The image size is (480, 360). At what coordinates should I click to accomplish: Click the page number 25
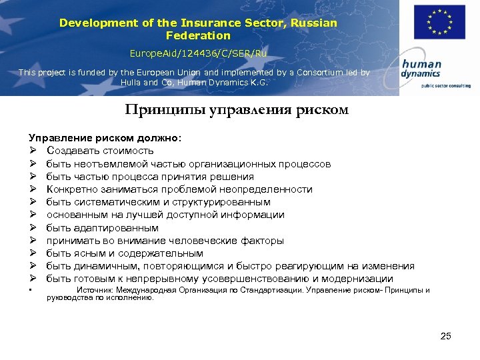pos(445,336)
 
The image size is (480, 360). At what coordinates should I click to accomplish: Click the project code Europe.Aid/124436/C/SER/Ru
pos(198,52)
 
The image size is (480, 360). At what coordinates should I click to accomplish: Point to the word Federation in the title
pos(198,35)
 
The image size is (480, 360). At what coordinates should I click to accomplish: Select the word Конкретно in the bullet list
pos(73,189)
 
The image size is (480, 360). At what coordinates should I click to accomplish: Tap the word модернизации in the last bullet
pos(357,279)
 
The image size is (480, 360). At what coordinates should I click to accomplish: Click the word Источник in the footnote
pos(95,291)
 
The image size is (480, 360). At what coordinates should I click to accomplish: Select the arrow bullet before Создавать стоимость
pos(32,151)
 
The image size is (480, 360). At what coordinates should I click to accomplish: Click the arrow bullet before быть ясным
pos(32,253)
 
